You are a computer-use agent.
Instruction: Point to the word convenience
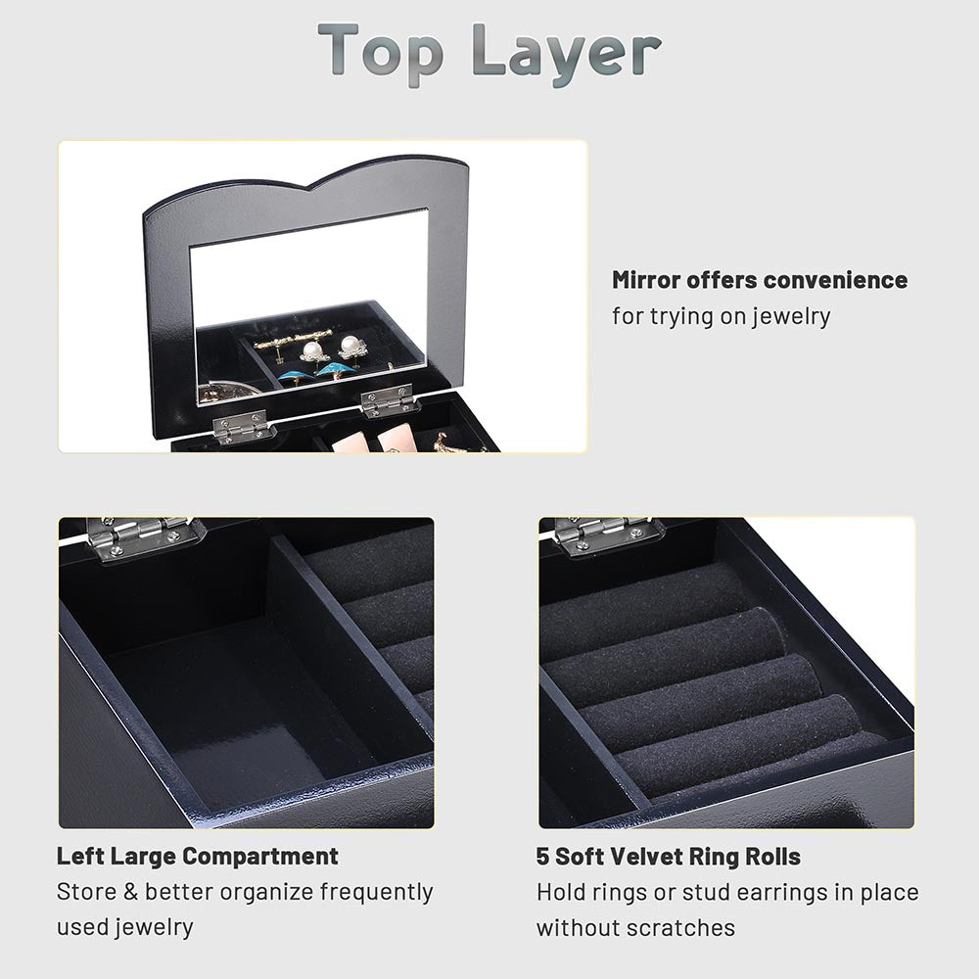(x=835, y=280)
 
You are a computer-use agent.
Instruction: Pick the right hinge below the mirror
(x=389, y=399)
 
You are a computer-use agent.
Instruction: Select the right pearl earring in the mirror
(x=350, y=346)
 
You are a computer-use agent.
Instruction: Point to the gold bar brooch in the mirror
(x=280, y=343)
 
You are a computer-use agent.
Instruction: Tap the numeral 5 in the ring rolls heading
(x=542, y=857)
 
